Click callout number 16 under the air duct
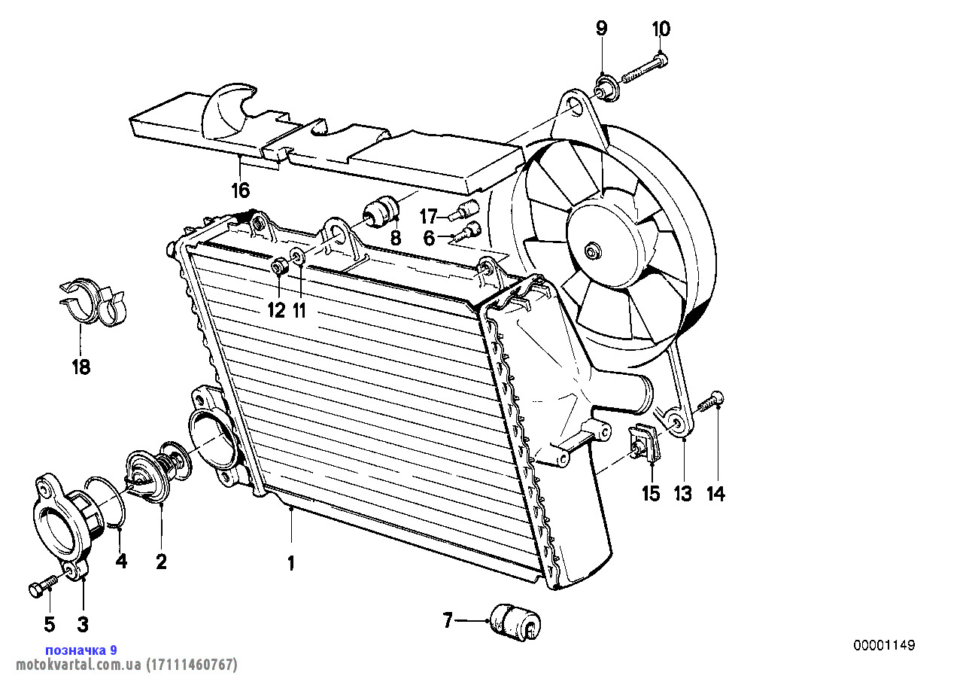[240, 190]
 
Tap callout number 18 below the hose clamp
[80, 367]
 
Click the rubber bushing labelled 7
[515, 622]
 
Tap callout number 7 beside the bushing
[448, 621]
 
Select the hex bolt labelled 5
[42, 587]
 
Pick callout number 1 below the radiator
[291, 562]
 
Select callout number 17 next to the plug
[428, 217]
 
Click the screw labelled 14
[711, 403]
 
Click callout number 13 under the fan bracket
[682, 494]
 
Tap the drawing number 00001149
[884, 645]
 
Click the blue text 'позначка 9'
[81, 650]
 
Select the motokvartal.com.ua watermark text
[121, 665]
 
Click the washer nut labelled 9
[603, 87]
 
